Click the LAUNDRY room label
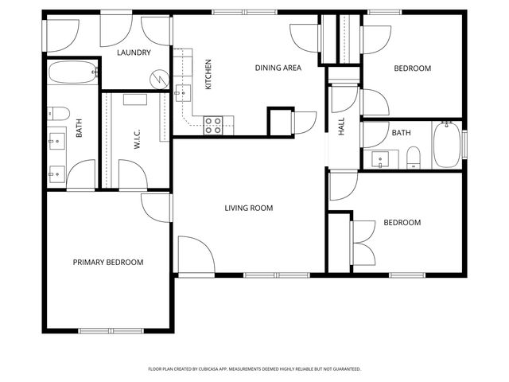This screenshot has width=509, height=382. [x=134, y=53]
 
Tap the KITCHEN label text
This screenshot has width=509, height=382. [x=208, y=74]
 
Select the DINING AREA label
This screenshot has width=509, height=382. [x=278, y=68]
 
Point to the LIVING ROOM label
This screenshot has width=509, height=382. [x=248, y=209]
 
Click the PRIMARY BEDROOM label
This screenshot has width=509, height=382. [x=108, y=262]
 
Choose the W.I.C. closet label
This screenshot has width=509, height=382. [x=137, y=141]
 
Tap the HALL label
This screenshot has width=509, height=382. [x=342, y=127]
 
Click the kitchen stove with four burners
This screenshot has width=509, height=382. [x=213, y=124]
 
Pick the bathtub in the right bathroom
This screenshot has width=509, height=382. [x=447, y=145]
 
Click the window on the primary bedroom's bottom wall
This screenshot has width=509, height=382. [x=111, y=330]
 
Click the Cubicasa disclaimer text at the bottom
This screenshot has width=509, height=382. [x=254, y=369]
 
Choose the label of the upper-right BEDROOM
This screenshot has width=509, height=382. [x=413, y=68]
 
